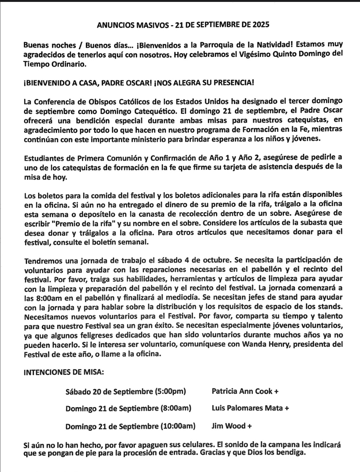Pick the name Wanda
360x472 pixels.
[x=254, y=345]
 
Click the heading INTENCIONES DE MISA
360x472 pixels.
[x=64, y=372]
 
